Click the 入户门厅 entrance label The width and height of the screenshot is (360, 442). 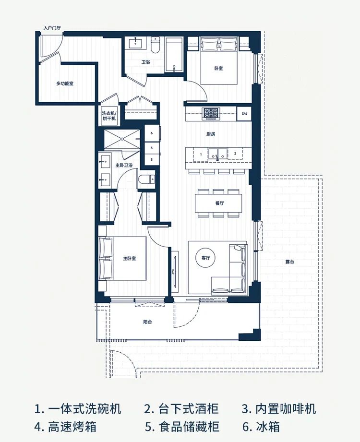[52, 28]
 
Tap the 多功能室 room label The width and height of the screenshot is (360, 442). [65, 84]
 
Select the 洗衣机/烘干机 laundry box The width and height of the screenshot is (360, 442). [109, 116]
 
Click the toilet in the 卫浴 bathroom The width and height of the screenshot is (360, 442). [155, 46]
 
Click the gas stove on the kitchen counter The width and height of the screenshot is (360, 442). [211, 114]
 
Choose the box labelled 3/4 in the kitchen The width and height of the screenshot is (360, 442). [244, 114]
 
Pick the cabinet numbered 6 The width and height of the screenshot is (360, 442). [152, 133]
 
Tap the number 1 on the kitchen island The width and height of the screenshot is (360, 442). [201, 154]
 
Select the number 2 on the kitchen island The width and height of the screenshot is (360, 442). [235, 154]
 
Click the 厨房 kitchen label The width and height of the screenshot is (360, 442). [211, 134]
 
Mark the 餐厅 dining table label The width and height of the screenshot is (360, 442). [219, 203]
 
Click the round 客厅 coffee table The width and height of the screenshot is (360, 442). [206, 258]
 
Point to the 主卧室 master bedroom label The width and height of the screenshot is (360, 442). [130, 258]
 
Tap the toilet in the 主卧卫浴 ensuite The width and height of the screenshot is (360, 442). [147, 179]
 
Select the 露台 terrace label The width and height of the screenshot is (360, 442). [289, 262]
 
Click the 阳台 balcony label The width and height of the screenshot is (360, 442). [147, 322]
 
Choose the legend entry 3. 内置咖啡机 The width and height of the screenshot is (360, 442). [278, 409]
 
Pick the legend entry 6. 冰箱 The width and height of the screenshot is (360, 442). [261, 427]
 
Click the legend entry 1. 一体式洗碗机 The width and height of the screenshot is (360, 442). [78, 409]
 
